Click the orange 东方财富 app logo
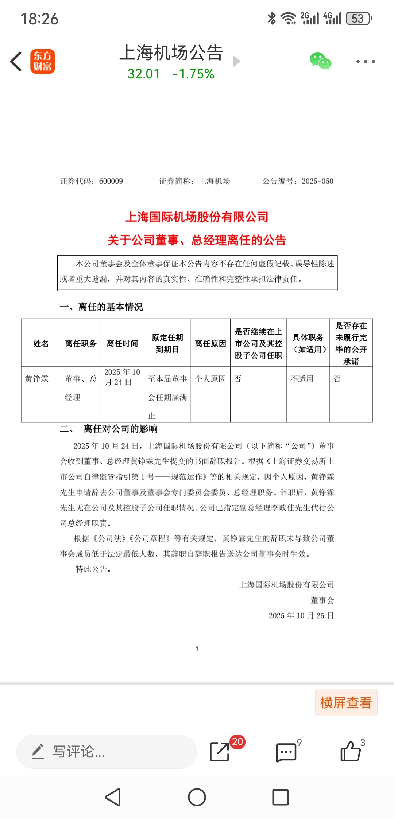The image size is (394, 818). pyautogui.click(x=42, y=61)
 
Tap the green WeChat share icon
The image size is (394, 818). pyautogui.click(x=320, y=61)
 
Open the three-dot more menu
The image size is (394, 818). pyautogui.click(x=366, y=61)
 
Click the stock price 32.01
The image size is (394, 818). pyautogui.click(x=144, y=74)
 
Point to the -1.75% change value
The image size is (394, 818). pyautogui.click(x=193, y=74)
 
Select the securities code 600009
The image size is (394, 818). pyautogui.click(x=111, y=181)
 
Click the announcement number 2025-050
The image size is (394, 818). pyautogui.click(x=317, y=181)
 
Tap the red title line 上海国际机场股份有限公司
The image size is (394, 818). pyautogui.click(x=197, y=217)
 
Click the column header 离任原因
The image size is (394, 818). pyautogui.click(x=210, y=343)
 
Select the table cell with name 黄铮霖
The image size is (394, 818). pyautogui.click(x=37, y=379)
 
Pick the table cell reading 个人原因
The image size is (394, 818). pyautogui.click(x=210, y=379)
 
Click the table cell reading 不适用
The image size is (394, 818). pyautogui.click(x=302, y=379)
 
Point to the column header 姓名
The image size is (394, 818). pyautogui.click(x=41, y=343)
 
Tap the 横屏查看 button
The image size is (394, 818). pyautogui.click(x=346, y=702)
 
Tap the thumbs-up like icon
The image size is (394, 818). pyautogui.click(x=350, y=752)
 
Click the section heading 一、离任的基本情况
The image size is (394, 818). pyautogui.click(x=101, y=307)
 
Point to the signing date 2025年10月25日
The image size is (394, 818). pyautogui.click(x=301, y=616)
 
